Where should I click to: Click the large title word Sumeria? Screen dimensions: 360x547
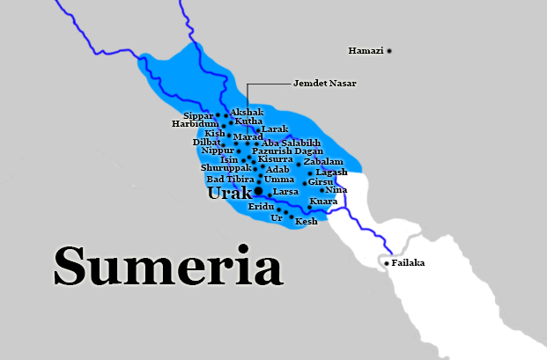[167, 264]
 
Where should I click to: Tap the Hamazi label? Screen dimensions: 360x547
[366, 51]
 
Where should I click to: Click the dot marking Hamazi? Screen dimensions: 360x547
[389, 51]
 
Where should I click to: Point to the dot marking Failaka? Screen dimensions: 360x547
[387, 262]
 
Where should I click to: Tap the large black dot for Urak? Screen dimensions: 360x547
[259, 190]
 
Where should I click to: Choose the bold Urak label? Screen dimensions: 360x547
[229, 193]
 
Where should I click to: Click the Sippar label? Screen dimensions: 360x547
[198, 115]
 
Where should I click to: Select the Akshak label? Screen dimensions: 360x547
[247, 113]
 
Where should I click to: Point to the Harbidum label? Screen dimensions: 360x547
[194, 124]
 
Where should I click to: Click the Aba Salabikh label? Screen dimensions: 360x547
[291, 143]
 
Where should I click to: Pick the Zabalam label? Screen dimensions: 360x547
[323, 162]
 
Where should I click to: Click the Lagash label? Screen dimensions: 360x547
[331, 173]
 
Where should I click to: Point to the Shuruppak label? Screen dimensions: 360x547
[225, 167]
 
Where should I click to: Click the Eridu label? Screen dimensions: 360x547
[262, 206]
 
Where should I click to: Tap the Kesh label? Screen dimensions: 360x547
[306, 222]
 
